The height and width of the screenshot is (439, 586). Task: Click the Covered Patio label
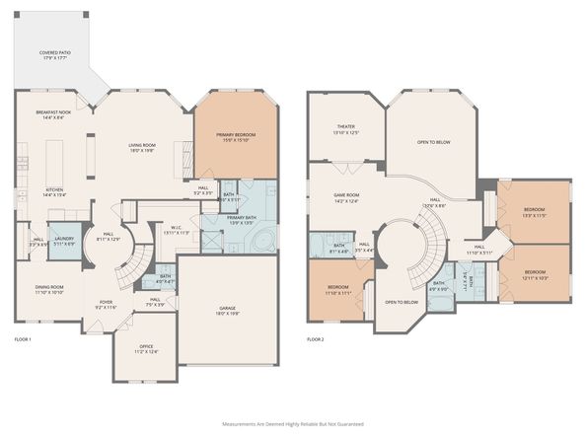click(x=54, y=54)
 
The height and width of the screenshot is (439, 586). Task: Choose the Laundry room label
click(x=64, y=240)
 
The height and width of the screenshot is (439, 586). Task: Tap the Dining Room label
click(x=50, y=289)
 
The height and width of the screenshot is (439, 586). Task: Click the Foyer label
click(x=105, y=305)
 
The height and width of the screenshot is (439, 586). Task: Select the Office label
click(x=146, y=348)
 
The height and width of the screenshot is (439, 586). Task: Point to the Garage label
click(x=226, y=311)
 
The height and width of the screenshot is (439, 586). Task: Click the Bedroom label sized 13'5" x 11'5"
click(x=534, y=211)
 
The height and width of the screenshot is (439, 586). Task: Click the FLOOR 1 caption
click(x=23, y=339)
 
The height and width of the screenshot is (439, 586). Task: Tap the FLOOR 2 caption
click(x=315, y=339)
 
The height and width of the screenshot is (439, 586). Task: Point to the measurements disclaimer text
click(x=292, y=423)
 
